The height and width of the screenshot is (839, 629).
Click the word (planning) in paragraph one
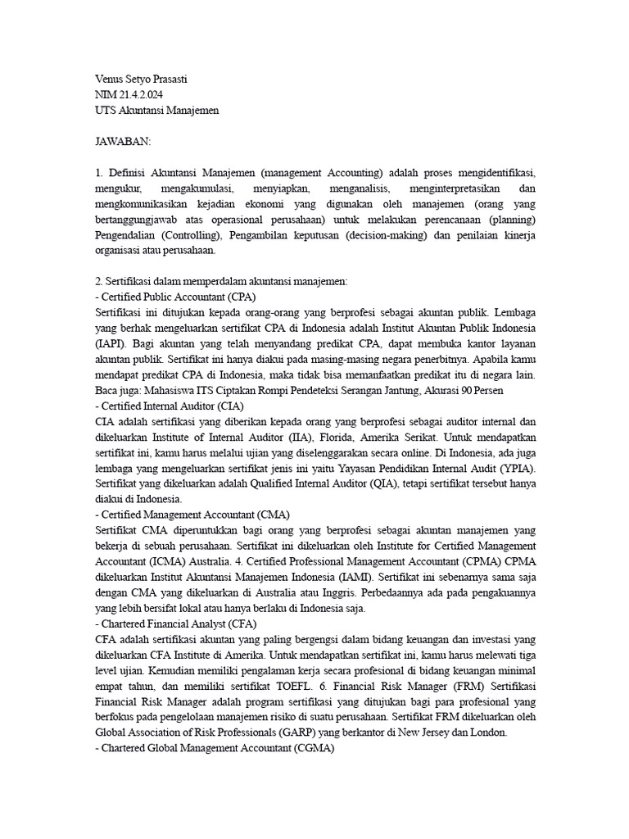point(509,220)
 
